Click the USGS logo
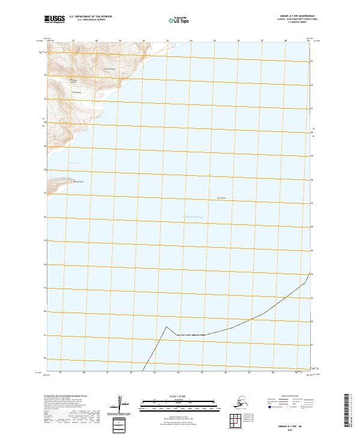click(54, 20)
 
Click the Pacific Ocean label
click(193, 217)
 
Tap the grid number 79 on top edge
click(73, 41)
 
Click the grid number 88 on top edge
click(286, 41)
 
